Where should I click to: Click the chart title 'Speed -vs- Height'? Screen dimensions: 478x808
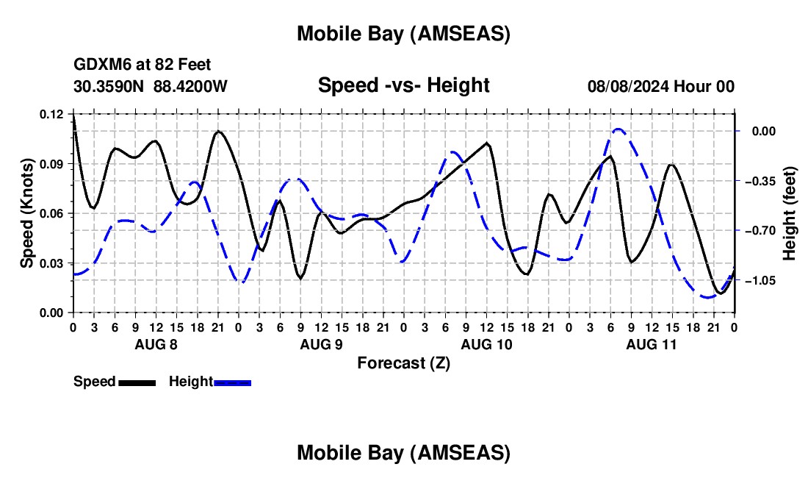[403, 85]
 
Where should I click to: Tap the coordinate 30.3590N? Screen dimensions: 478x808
[110, 86]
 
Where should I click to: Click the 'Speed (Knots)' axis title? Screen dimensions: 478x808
[27, 213]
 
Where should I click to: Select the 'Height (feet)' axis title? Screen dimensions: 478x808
[790, 213]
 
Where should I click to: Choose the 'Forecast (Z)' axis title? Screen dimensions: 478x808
[403, 363]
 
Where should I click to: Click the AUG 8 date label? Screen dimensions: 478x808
[155, 344]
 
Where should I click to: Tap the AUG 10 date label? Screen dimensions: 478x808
[486, 344]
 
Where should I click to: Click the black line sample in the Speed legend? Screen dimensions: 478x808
[137, 382]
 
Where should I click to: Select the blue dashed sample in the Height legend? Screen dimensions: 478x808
[233, 382]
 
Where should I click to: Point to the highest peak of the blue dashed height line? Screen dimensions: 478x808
[618, 129]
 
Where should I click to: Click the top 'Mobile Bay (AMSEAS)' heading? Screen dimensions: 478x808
[403, 34]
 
